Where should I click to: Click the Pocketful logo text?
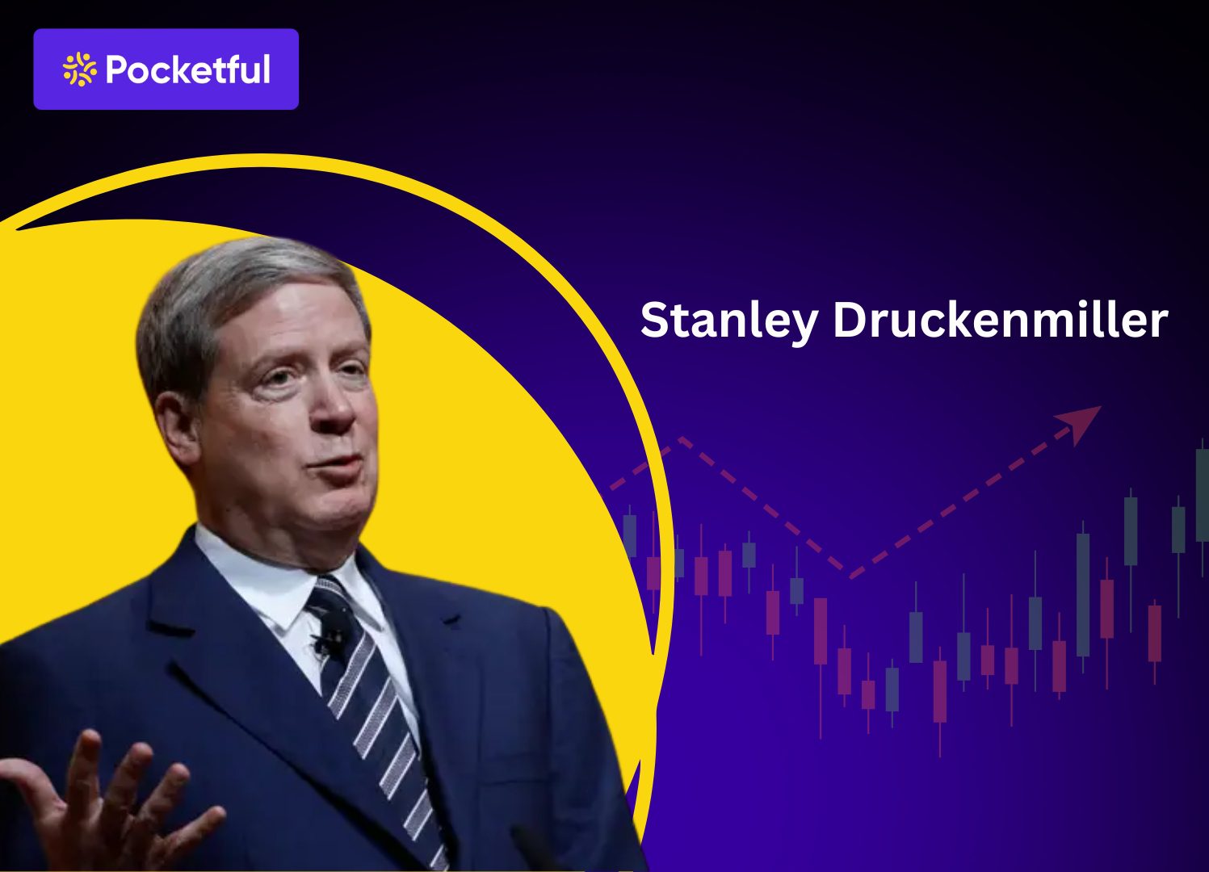pos(187,69)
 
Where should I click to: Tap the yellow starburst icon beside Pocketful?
pos(79,69)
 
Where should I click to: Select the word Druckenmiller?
pos(1000,321)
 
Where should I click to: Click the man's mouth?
pos(343,468)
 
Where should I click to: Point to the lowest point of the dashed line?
pos(850,576)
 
